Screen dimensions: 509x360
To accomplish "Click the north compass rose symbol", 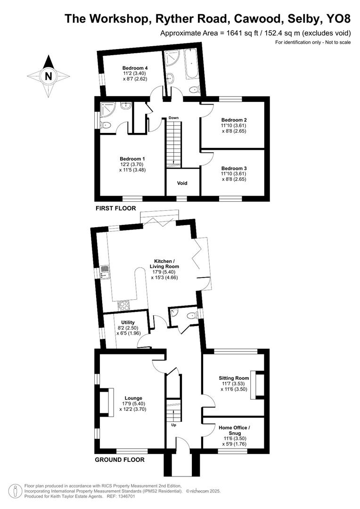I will (48, 76).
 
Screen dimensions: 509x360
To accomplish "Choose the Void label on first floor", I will (182, 183).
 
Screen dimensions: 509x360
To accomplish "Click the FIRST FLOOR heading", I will (115, 208).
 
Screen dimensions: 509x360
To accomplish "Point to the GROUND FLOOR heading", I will (120, 460).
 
